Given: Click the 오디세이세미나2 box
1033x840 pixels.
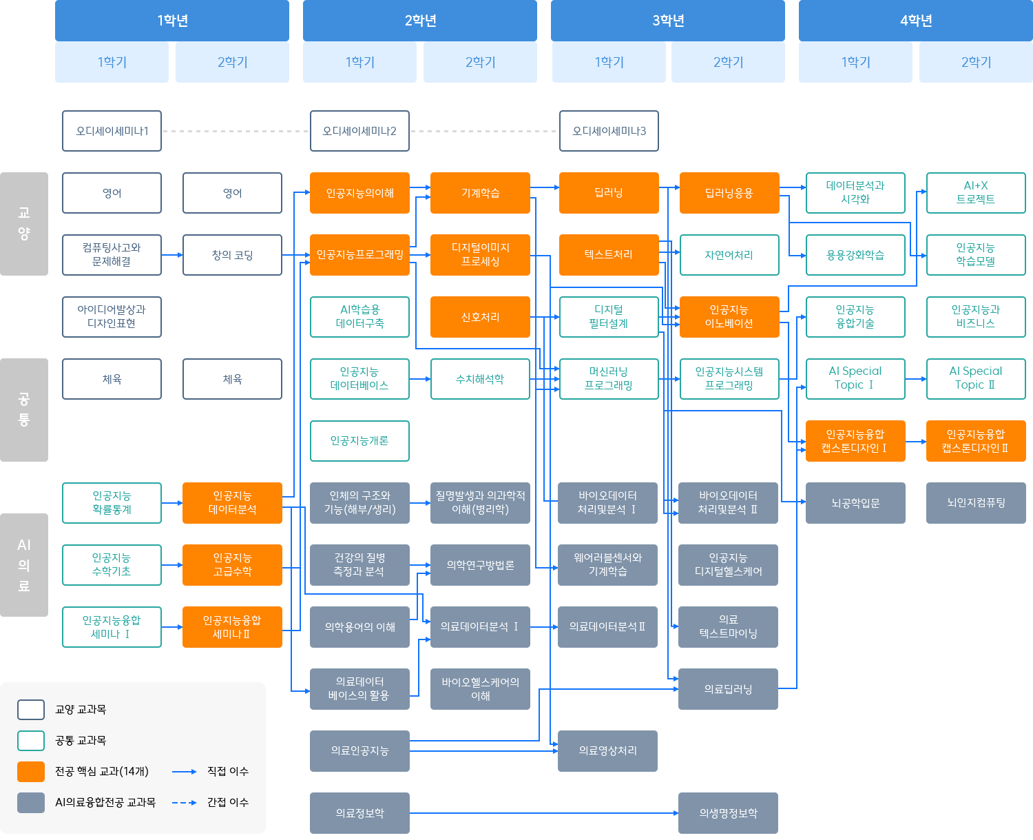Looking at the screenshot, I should pyautogui.click(x=359, y=131).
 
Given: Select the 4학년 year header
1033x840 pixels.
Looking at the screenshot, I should pyautogui.click(x=915, y=21).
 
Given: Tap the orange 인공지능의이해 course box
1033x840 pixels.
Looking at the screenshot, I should pyautogui.click(x=359, y=193).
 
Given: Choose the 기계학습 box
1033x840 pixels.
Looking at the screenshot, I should pyautogui.click(x=480, y=193).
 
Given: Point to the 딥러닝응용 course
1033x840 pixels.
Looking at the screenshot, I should pyautogui.click(x=729, y=193).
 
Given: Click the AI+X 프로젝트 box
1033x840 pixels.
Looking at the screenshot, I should pyautogui.click(x=975, y=193).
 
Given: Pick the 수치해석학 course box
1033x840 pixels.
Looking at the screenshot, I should pyautogui.click(x=480, y=379).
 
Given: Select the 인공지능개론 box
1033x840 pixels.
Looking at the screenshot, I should pyautogui.click(x=359, y=441).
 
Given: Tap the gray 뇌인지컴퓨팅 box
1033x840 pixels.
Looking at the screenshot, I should pyautogui.click(x=975, y=503).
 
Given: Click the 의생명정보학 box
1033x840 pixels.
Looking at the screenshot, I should pyautogui.click(x=728, y=813).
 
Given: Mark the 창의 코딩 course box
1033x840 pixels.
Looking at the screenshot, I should pyautogui.click(x=232, y=255).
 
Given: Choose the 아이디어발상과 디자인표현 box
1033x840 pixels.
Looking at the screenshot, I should pyautogui.click(x=112, y=317).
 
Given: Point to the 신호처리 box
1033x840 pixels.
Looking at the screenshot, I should pyautogui.click(x=480, y=317).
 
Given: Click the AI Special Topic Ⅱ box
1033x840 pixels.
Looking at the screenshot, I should pyautogui.click(x=975, y=379).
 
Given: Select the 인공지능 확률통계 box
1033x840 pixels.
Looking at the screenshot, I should pyautogui.click(x=112, y=503).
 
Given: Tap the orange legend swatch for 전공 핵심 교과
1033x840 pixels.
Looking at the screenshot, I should pyautogui.click(x=31, y=772).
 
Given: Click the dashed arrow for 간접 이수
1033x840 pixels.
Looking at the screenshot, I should pyautogui.click(x=184, y=803).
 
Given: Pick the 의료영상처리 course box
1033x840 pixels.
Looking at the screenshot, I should pyautogui.click(x=607, y=751).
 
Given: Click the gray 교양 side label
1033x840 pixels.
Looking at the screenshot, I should pyautogui.click(x=24, y=223).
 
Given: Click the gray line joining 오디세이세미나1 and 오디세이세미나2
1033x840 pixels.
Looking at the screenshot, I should pyautogui.click(x=236, y=131).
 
